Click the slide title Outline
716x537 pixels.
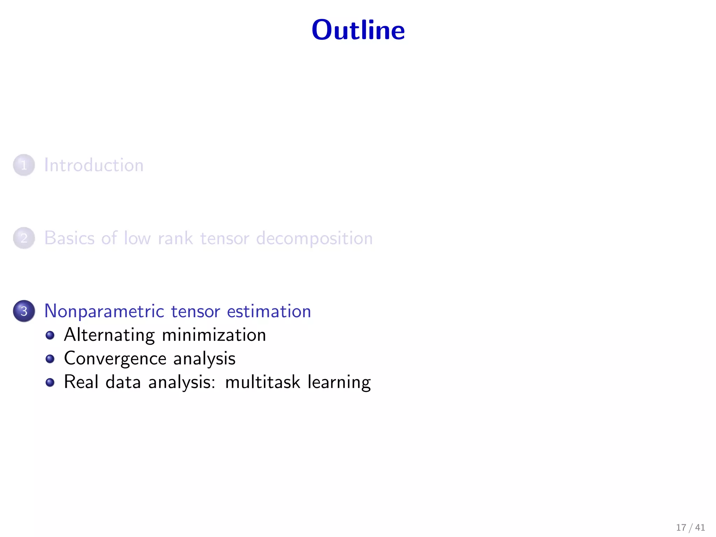[x=358, y=30]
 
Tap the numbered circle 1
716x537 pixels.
[x=24, y=165]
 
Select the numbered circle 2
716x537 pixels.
[x=24, y=238]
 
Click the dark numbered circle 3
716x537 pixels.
[x=24, y=311]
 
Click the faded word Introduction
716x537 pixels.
[x=94, y=165]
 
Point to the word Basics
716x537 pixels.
[x=70, y=238]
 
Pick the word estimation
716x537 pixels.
[x=269, y=311]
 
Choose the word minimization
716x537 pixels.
[x=214, y=335]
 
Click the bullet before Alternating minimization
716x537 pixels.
[x=50, y=335]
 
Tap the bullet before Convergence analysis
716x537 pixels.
[x=50, y=359]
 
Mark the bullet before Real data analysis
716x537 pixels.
[x=50, y=382]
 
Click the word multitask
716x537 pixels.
[x=263, y=382]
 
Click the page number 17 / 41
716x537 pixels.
[x=690, y=527]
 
